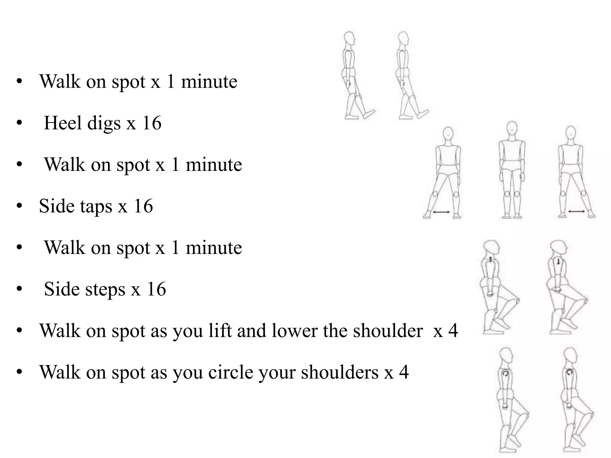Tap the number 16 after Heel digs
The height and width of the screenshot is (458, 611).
point(152,123)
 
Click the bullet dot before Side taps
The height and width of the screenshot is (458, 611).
point(19,206)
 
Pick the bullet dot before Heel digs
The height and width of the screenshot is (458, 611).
point(19,123)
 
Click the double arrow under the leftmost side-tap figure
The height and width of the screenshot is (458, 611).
point(441,212)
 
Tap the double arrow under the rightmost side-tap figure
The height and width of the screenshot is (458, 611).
point(576,212)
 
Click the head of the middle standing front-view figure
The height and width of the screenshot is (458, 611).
point(512,129)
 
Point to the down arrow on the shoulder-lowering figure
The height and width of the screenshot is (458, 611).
point(558,262)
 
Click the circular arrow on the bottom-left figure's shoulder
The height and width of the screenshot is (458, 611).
point(505,373)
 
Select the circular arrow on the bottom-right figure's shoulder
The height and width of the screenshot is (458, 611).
point(569,372)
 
